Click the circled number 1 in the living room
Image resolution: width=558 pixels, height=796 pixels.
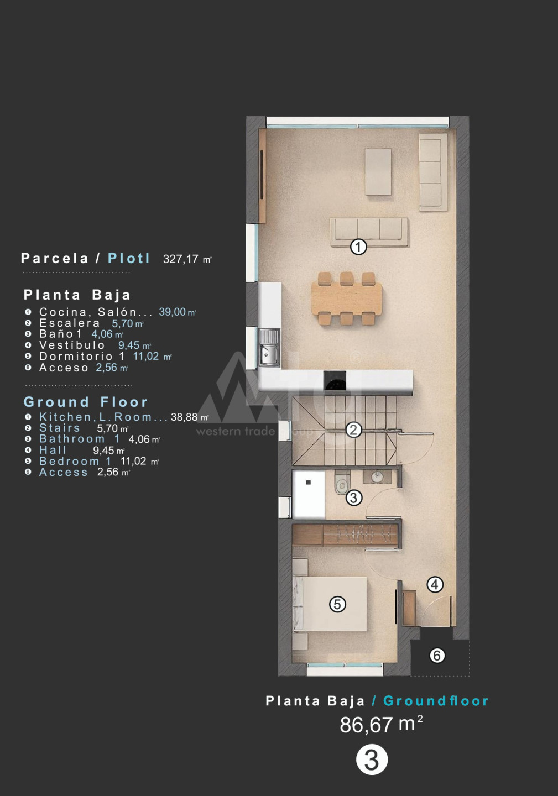pyautogui.click(x=358, y=247)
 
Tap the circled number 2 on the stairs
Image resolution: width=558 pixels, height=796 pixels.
pyautogui.click(x=353, y=430)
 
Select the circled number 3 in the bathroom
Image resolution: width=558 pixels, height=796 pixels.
pyautogui.click(x=353, y=498)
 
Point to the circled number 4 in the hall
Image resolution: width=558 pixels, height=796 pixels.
pyautogui.click(x=435, y=584)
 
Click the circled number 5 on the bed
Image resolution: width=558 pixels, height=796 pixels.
pyautogui.click(x=337, y=604)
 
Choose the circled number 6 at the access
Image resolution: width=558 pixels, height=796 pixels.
pyautogui.click(x=437, y=655)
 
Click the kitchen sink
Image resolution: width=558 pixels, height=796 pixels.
pyautogui.click(x=269, y=348)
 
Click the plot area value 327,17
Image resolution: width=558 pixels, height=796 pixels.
pyautogui.click(x=180, y=259)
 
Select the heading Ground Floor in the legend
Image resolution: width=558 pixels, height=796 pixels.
pyautogui.click(x=86, y=402)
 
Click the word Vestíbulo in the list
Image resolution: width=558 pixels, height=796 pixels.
pyautogui.click(x=72, y=345)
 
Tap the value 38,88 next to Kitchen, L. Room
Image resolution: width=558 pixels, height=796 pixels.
pyautogui.click(x=184, y=417)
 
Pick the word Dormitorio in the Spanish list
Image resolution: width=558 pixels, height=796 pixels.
pyautogui.click(x=76, y=356)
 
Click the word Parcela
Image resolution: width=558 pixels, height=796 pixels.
pyautogui.click(x=55, y=258)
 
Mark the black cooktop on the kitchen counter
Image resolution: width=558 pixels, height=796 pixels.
pyautogui.click(x=335, y=380)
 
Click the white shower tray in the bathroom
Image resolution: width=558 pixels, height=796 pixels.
pyautogui.click(x=309, y=494)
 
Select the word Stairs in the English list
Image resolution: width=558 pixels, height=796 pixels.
pyautogui.click(x=60, y=428)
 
